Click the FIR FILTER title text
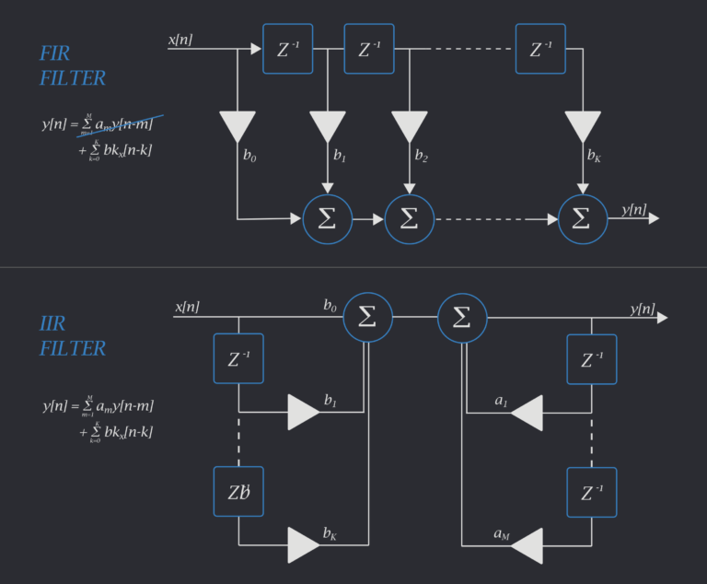tap(72, 65)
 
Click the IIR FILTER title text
tap(72, 335)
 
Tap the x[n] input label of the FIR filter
tap(180, 40)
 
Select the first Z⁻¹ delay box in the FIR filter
tap(287, 49)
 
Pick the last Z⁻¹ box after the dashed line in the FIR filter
tap(540, 49)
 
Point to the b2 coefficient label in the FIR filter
tap(421, 156)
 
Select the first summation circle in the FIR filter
tap(328, 219)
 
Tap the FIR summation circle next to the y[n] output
tap(583, 219)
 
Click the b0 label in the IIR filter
tap(330, 305)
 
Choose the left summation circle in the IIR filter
tap(367, 317)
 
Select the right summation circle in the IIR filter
tap(462, 317)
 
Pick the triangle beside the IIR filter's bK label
tap(303, 545)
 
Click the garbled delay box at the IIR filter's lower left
tap(238, 492)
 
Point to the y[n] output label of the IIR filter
tap(643, 309)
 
